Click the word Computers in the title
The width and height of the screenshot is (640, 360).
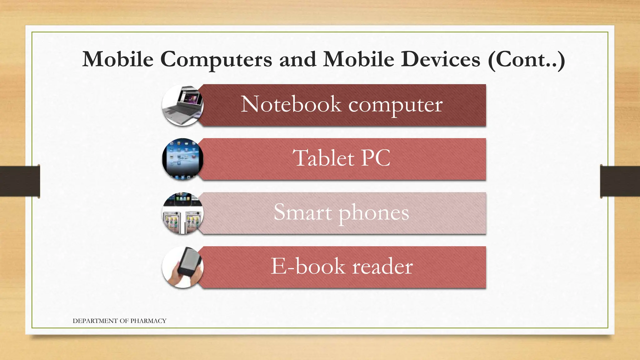[x=216, y=59]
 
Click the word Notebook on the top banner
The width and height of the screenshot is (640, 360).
[x=291, y=104]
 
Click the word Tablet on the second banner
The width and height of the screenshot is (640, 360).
[x=323, y=158]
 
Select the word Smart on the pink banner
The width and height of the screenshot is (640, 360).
[x=302, y=212]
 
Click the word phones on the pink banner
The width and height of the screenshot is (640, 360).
[x=374, y=213]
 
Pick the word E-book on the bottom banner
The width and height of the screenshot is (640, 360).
[x=308, y=266]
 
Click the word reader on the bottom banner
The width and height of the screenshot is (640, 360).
[x=382, y=267]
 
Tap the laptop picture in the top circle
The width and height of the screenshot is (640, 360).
[x=183, y=105]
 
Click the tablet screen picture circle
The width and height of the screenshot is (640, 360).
[x=183, y=159]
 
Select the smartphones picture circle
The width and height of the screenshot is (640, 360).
[x=183, y=213]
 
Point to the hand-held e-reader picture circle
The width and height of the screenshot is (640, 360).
[x=183, y=267]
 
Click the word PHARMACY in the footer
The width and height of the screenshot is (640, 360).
[x=148, y=321]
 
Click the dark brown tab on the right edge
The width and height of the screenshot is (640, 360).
[x=620, y=181]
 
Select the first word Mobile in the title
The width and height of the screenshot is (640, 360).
[x=118, y=59]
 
